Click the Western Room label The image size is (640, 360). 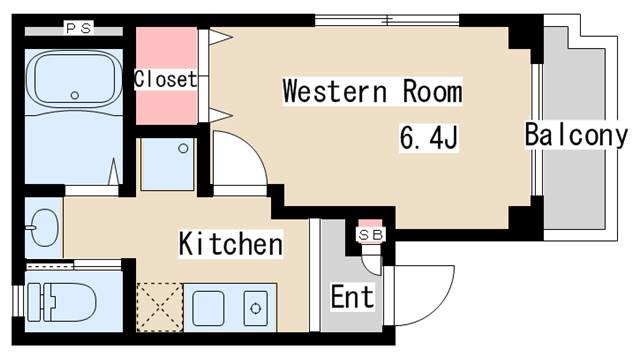(x=372, y=93)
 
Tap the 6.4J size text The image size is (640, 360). (x=429, y=137)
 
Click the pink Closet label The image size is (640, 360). (x=166, y=79)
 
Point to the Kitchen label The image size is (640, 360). (x=230, y=243)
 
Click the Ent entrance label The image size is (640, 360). (x=352, y=297)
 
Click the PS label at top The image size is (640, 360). (x=78, y=28)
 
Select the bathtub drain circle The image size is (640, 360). (x=75, y=95)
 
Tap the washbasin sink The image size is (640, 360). (x=43, y=228)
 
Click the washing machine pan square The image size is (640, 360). (x=167, y=164)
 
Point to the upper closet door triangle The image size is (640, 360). (x=220, y=38)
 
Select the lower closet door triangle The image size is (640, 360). (x=220, y=113)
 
